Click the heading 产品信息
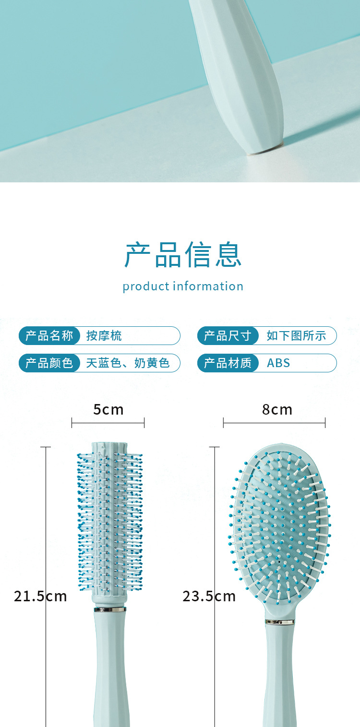pyautogui.click(x=183, y=255)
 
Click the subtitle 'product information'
pyautogui.click(x=183, y=286)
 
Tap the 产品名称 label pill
pyautogui.click(x=49, y=335)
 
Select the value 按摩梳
pyautogui.click(x=104, y=335)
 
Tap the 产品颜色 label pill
pyautogui.click(x=49, y=363)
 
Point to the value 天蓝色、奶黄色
pyautogui.click(x=128, y=363)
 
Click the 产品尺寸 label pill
pyautogui.click(x=228, y=335)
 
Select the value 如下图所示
pyautogui.click(x=296, y=335)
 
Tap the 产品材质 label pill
pyautogui.click(x=228, y=363)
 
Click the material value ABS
pyautogui.click(x=278, y=363)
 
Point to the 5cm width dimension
pyautogui.click(x=108, y=409)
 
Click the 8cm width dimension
pyautogui.click(x=277, y=409)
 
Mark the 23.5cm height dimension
pyautogui.click(x=209, y=596)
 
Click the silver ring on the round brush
pyautogui.click(x=110, y=609)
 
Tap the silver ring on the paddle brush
pyautogui.click(x=280, y=622)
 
